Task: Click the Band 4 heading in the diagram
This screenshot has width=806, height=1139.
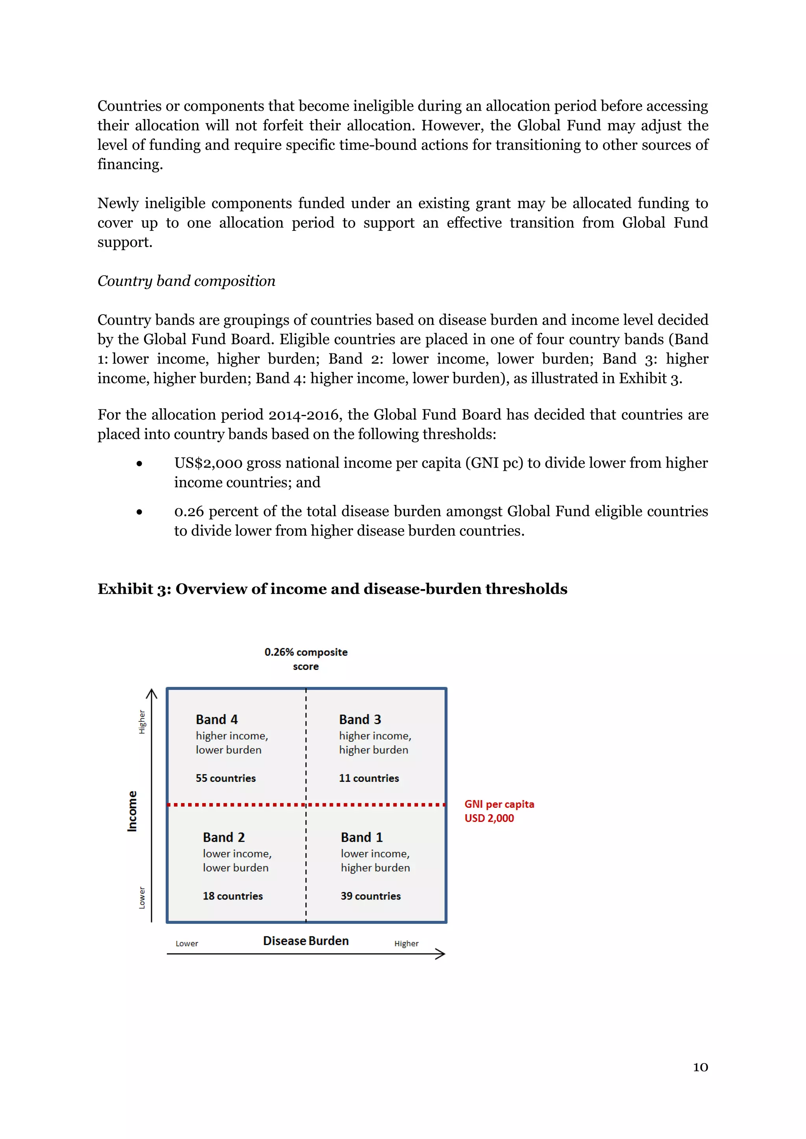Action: click(216, 719)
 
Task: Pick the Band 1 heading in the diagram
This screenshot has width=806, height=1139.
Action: click(361, 837)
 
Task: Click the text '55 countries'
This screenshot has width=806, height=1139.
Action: click(226, 778)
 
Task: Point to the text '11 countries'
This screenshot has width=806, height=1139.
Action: click(369, 778)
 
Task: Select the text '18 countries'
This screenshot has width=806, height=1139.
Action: click(232, 896)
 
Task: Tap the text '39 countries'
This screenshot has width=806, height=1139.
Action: click(370, 896)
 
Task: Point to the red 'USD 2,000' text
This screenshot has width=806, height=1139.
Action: click(489, 818)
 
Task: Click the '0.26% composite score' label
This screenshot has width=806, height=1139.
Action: click(306, 659)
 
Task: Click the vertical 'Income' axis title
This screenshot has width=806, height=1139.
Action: click(132, 811)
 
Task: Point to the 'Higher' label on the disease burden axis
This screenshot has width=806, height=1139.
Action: click(406, 944)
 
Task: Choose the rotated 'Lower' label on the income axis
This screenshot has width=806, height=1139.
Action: click(142, 898)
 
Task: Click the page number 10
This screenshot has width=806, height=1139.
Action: click(700, 1067)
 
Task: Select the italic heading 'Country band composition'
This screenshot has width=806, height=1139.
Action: click(186, 281)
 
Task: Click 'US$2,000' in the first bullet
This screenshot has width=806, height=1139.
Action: click(208, 463)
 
